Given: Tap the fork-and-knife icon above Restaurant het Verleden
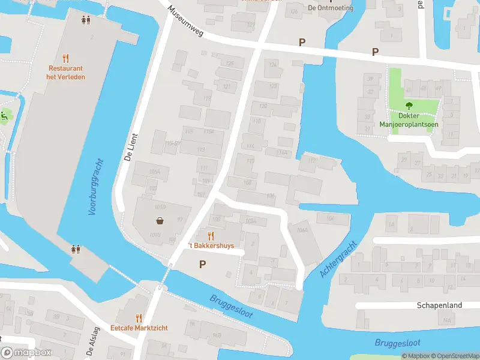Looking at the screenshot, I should [x=66, y=59].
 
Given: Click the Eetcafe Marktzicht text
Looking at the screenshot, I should [x=139, y=328].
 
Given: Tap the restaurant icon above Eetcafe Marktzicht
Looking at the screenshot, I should [x=139, y=317].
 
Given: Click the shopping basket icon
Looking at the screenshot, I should [x=161, y=220].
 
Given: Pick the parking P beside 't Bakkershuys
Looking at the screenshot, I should [x=202, y=264].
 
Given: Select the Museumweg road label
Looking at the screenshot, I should [x=186, y=22].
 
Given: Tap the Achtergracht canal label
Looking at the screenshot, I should [x=339, y=259].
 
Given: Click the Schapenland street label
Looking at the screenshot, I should [x=439, y=305].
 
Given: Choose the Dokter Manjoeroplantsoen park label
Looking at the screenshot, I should [x=409, y=121].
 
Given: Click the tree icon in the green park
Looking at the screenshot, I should [x=409, y=105].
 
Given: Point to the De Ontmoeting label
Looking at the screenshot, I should [x=329, y=8].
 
